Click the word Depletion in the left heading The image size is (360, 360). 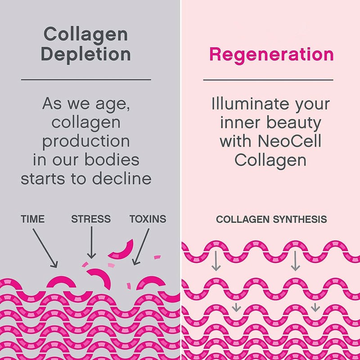pos(85,54)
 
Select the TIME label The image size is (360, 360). pos(33,219)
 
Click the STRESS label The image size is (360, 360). pos(91,219)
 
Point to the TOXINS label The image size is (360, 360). pos(148,219)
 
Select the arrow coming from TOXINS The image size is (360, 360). pos(142,245)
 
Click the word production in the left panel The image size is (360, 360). pos(86,141)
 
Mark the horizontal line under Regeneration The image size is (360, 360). pos(268,80)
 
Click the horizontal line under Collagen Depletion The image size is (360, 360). pos(86,80)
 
